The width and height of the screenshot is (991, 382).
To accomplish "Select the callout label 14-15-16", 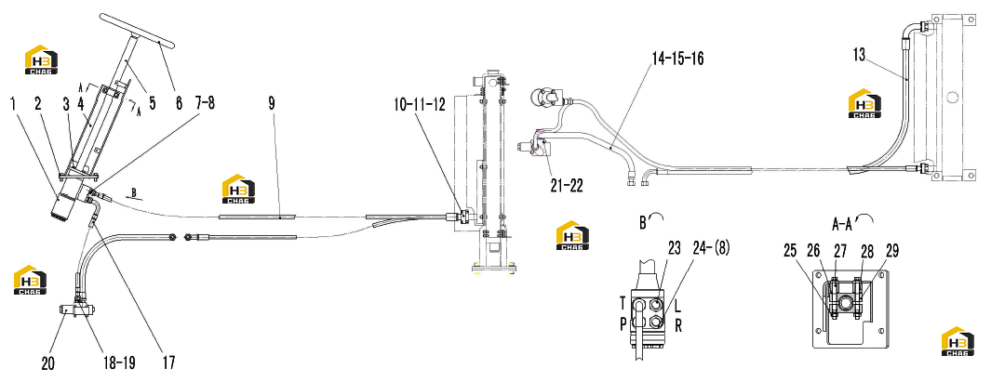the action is click(x=677, y=59).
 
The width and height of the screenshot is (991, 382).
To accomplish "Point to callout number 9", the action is click(x=272, y=103).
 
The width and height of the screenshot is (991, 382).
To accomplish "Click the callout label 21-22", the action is click(x=566, y=186).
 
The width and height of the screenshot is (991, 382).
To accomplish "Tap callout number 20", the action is click(x=48, y=363).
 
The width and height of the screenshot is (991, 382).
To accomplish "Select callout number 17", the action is click(x=167, y=363).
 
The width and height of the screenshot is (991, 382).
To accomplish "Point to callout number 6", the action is click(x=179, y=103).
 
